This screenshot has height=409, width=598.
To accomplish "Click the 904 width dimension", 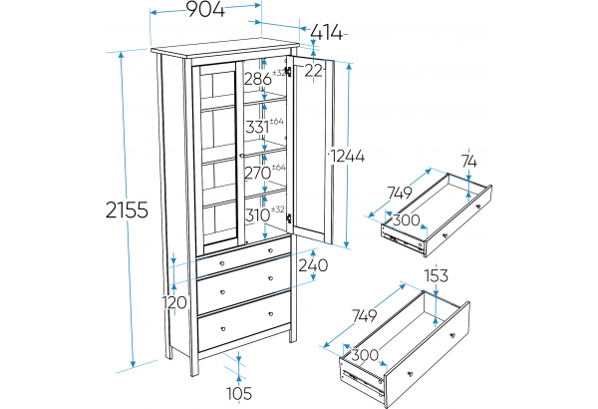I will pyautogui.click(x=204, y=10).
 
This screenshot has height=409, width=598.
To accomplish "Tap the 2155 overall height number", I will pyautogui.click(x=126, y=209).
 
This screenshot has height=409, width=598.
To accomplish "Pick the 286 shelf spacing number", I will pyautogui.click(x=257, y=77).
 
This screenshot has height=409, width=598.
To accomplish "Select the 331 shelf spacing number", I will pyautogui.click(x=257, y=127).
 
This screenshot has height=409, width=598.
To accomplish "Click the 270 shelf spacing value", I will pyautogui.click(x=258, y=173).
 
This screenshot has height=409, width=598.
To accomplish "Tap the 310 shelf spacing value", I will pyautogui.click(x=257, y=213).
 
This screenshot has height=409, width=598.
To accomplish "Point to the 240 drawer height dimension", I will pyautogui.click(x=312, y=265).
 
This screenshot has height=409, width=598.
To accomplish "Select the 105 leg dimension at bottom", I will pyautogui.click(x=236, y=392).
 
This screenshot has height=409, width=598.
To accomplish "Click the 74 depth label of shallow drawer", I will pyautogui.click(x=469, y=162).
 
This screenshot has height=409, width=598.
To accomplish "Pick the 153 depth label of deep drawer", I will pyautogui.click(x=436, y=276).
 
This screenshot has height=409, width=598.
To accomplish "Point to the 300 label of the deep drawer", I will pyautogui.click(x=364, y=354).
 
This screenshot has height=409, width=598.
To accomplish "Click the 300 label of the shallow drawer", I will pyautogui.click(x=405, y=218).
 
